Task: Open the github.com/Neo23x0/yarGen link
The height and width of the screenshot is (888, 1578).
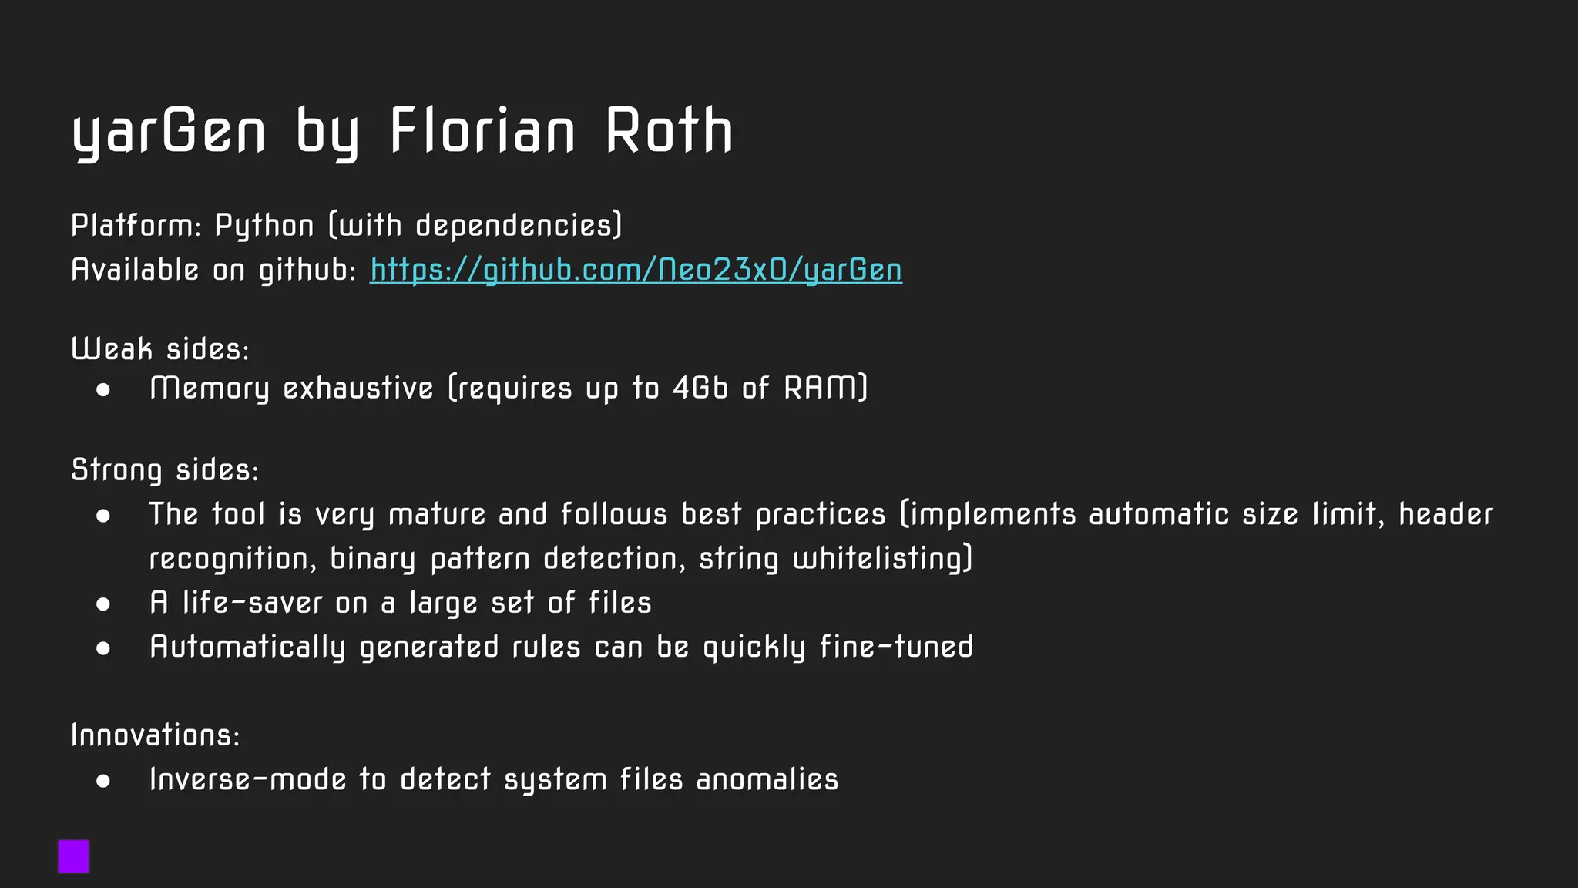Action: coord(636,270)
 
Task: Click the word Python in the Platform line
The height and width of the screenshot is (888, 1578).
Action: coord(264,226)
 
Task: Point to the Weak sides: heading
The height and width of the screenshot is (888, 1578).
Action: coord(160,349)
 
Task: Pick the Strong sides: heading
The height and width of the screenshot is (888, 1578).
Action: coord(165,470)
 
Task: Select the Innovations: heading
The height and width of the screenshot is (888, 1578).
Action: coord(156,735)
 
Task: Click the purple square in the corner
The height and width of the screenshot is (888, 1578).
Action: coord(74,856)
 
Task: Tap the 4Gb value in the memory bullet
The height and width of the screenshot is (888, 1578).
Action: coord(700,388)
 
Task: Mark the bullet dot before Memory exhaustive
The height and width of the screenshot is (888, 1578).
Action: coord(103,390)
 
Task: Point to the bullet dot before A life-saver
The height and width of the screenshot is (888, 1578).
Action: coord(103,604)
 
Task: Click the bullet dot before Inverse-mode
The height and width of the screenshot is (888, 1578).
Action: coord(103,781)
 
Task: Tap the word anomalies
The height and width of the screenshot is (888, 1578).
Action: coord(767,779)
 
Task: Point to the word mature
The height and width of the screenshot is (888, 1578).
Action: coord(437,514)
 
